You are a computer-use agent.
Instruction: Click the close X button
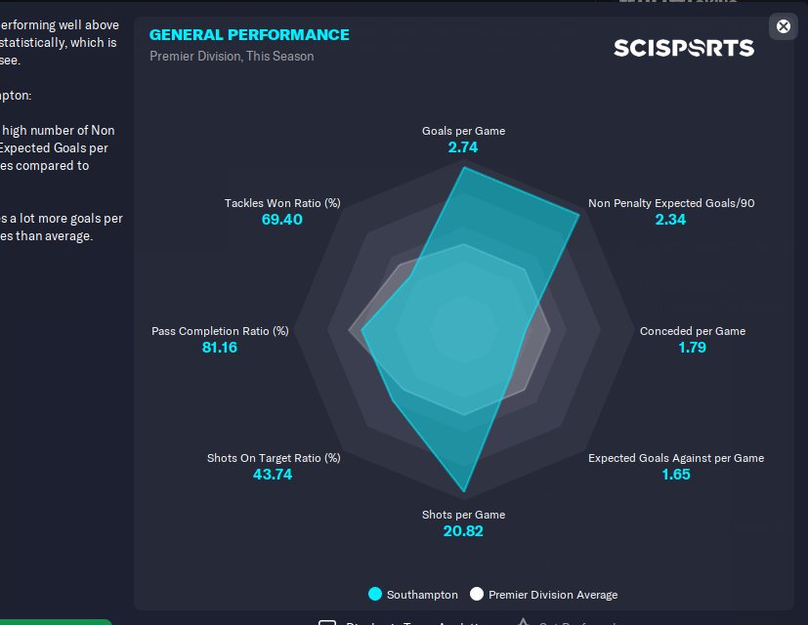(x=783, y=26)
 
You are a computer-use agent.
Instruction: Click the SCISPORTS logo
(x=683, y=48)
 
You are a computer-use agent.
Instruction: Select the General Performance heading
(x=249, y=35)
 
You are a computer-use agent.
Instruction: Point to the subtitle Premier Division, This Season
(x=232, y=57)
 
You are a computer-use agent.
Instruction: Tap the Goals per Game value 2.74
(x=463, y=147)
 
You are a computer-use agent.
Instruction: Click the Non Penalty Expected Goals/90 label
(x=671, y=203)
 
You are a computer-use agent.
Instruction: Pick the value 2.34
(x=670, y=220)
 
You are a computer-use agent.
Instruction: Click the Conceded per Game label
(x=693, y=331)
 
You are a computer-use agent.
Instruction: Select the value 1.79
(x=692, y=348)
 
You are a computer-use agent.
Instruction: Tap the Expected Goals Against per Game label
(x=675, y=458)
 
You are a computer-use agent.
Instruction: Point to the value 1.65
(x=676, y=475)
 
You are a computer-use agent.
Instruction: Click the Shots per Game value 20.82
(x=463, y=531)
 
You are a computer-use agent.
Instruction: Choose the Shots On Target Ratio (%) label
(x=274, y=458)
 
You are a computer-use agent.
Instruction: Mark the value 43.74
(x=274, y=475)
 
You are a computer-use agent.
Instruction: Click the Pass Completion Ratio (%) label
(x=220, y=331)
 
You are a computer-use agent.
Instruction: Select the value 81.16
(x=220, y=348)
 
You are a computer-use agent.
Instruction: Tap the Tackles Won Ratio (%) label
(x=282, y=203)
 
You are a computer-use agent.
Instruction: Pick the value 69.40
(x=282, y=220)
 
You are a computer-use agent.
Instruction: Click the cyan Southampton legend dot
(x=375, y=594)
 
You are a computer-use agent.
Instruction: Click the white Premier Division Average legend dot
(x=477, y=594)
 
